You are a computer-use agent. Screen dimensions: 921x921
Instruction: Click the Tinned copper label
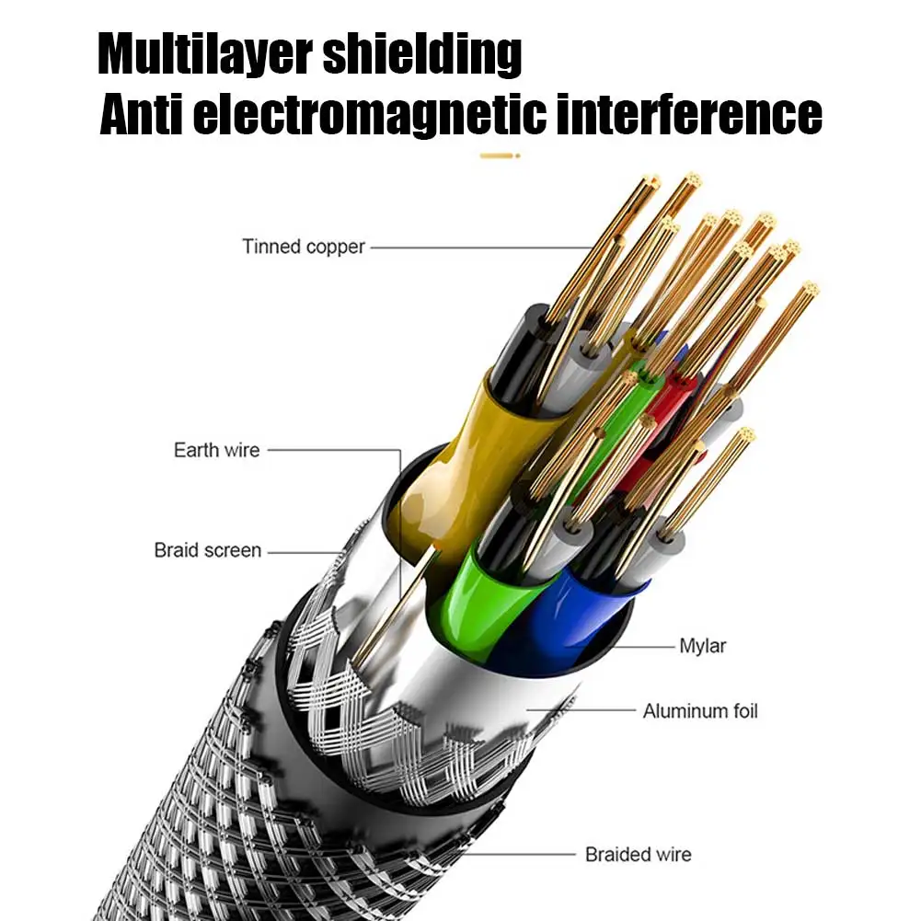[304, 247]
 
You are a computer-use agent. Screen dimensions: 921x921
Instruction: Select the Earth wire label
[217, 450]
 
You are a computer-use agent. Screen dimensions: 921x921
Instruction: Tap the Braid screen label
[208, 550]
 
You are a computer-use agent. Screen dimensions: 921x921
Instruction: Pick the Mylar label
[703, 646]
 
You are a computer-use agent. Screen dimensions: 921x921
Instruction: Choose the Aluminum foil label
[700, 710]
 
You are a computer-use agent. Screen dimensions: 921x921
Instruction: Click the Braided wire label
[639, 855]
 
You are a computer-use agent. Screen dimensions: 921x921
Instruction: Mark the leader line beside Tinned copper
[478, 247]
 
